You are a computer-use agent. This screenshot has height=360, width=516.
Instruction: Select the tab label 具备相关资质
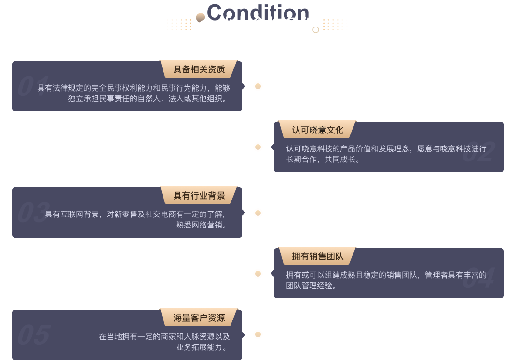(x=199, y=69)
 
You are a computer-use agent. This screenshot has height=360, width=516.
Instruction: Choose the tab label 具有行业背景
(x=199, y=196)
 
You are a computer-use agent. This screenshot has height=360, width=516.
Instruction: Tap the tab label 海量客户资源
(x=199, y=318)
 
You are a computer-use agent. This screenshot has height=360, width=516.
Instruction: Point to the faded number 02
(x=478, y=152)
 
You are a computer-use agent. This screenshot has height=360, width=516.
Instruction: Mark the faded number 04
(x=478, y=279)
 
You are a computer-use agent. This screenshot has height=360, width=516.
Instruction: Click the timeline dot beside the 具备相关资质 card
(x=258, y=86)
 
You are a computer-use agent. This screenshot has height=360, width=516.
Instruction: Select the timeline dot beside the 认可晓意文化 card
(x=258, y=147)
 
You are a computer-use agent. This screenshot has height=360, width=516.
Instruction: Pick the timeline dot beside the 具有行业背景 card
(x=258, y=213)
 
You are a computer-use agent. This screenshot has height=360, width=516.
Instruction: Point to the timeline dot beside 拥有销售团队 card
(x=258, y=274)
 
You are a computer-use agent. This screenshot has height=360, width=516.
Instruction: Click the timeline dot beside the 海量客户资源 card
(x=258, y=334)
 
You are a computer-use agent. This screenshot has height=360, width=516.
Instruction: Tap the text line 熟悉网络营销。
(x=201, y=225)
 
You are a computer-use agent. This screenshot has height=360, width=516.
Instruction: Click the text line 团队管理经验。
(x=311, y=285)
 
